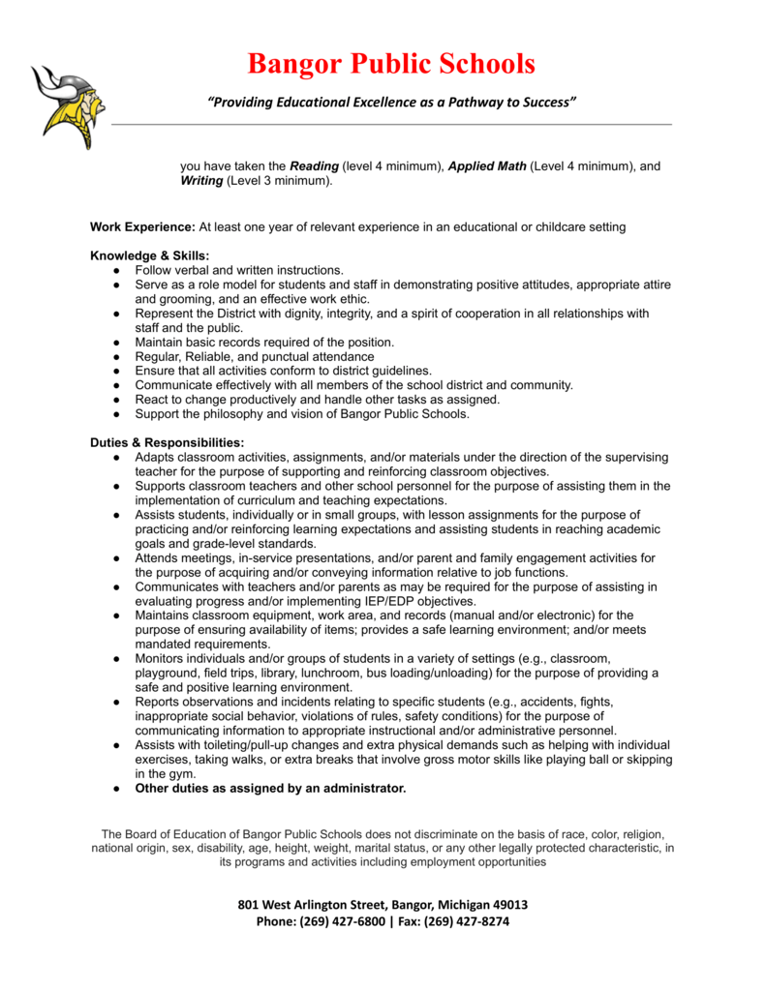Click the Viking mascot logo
point(67,105)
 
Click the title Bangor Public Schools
point(391,64)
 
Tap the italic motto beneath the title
point(392,104)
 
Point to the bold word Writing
point(201,181)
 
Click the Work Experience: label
point(142,226)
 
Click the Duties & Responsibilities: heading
point(167,442)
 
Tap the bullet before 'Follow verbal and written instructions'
point(115,270)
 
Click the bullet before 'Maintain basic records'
point(115,342)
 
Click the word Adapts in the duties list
point(156,457)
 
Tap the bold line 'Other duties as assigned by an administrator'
point(270,789)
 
